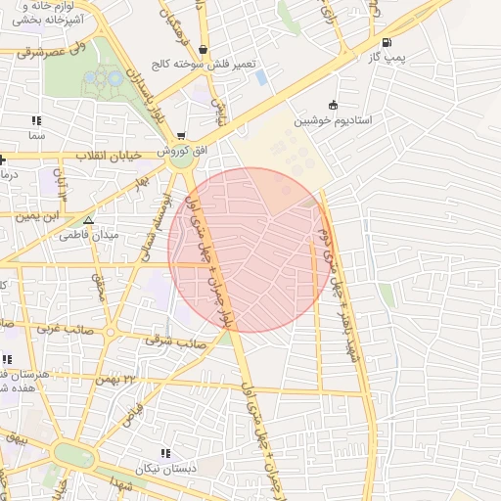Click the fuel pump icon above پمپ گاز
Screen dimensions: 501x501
pos(387,42)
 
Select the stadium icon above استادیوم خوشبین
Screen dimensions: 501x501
pos(334,105)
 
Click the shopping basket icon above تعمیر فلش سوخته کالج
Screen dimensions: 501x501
pos(203,49)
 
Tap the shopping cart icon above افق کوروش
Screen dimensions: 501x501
pos(181,135)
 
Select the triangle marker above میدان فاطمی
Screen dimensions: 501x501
pos(88,220)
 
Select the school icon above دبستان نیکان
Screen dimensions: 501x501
pos(164,453)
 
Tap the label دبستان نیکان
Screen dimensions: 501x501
pos(167,468)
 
